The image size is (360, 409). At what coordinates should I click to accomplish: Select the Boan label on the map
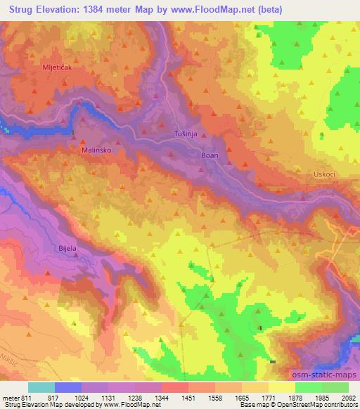coord(210,155)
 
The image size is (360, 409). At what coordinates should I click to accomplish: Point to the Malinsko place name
coord(96,150)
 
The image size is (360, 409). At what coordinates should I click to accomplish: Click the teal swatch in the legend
coord(41,387)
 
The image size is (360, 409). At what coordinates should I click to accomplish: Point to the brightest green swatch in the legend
coord(308,387)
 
